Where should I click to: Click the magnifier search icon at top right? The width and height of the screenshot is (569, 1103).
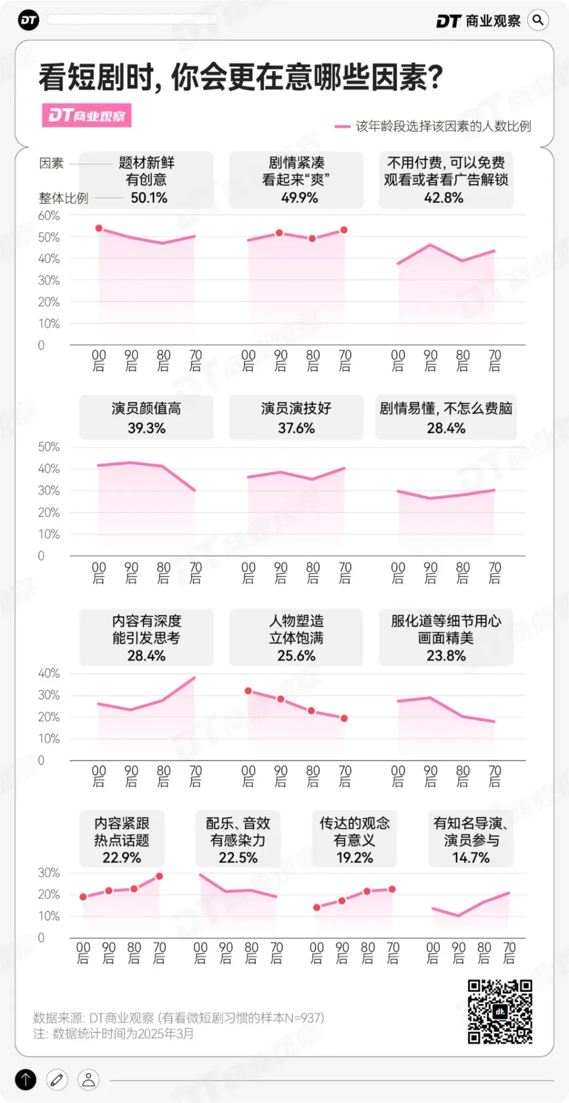point(537,21)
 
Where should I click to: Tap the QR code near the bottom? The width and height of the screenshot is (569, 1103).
point(500,1011)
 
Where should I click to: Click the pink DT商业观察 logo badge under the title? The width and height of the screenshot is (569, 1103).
point(87,115)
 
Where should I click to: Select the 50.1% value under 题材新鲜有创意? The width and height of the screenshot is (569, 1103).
point(149,198)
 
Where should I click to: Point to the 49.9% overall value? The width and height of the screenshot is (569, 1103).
point(299,198)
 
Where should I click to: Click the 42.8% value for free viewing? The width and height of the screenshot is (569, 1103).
point(443,198)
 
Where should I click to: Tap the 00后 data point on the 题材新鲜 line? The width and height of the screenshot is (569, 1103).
point(99,228)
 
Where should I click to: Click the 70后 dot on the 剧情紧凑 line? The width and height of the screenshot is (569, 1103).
point(344,230)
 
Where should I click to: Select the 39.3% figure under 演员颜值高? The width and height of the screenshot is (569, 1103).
point(147,428)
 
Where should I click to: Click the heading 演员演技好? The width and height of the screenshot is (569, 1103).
point(296,409)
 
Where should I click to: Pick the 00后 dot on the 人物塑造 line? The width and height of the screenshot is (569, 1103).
point(248,691)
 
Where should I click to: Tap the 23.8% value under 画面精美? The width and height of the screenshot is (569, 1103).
point(446,656)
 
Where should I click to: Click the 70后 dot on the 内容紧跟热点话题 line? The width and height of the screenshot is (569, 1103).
point(159,876)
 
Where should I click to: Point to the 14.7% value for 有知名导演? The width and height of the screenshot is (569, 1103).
point(471,858)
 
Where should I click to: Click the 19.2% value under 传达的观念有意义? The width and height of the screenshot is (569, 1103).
point(355,858)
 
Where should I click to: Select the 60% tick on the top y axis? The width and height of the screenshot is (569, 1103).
point(49,216)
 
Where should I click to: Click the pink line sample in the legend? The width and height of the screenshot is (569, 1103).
point(342,127)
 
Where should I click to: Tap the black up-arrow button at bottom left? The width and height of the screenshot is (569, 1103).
point(26,1080)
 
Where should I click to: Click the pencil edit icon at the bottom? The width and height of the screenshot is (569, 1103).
point(57,1080)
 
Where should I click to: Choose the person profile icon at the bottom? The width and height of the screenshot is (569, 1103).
point(88,1080)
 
